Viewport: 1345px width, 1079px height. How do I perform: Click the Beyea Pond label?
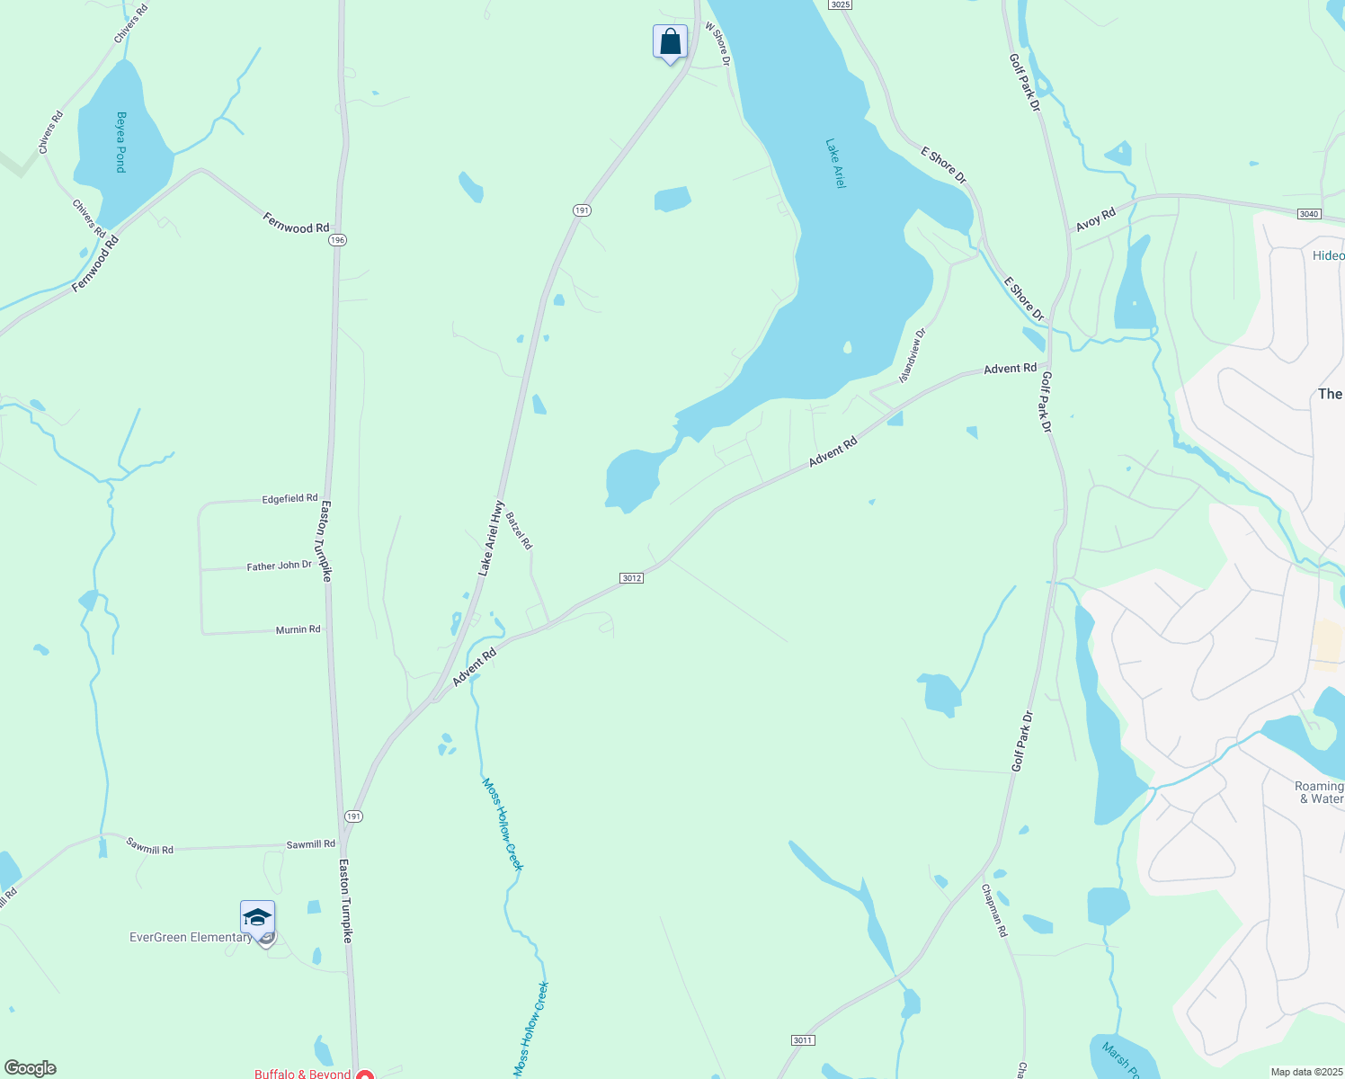[120, 142]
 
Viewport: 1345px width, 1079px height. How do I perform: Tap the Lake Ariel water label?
[836, 163]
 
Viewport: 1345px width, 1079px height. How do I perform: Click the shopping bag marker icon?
[670, 41]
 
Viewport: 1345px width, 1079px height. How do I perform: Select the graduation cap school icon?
[257, 918]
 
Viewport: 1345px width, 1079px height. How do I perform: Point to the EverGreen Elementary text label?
[191, 937]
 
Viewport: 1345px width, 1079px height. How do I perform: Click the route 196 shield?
[337, 240]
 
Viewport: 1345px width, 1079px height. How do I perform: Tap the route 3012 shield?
[631, 577]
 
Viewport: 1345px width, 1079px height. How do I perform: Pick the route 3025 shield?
[840, 4]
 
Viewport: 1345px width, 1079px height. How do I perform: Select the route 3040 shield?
[1309, 213]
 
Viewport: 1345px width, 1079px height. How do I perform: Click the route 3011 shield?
[803, 1039]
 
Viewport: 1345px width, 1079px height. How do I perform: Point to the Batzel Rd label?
[519, 531]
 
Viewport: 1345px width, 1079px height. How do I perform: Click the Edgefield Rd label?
[289, 498]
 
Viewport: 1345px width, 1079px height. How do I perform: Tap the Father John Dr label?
[279, 566]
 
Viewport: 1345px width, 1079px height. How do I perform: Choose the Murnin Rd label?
[298, 629]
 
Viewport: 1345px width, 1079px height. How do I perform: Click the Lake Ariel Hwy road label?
[490, 538]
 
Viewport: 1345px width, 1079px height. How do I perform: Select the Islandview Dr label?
[912, 355]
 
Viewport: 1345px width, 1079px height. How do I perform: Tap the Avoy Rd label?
[1095, 218]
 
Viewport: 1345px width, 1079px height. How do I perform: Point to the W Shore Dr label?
[717, 44]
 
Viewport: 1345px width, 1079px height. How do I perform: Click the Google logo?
[31, 1068]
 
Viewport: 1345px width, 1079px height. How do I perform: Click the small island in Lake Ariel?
[847, 347]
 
